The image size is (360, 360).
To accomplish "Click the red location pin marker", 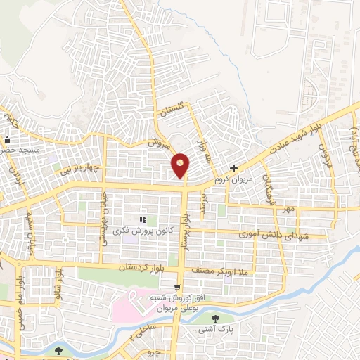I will [181, 165].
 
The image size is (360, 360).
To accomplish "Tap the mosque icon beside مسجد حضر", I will [8, 139].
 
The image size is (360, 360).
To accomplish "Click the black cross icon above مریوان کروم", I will [234, 168].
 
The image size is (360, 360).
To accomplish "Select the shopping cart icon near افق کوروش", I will [179, 288].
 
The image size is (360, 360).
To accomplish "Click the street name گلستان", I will [173, 110].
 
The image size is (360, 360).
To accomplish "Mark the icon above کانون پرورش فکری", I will [142, 220].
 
